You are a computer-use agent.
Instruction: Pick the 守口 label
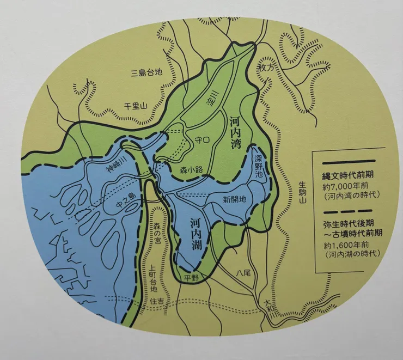(201, 141)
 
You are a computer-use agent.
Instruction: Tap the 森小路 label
(192, 169)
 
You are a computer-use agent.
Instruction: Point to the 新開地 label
(235, 199)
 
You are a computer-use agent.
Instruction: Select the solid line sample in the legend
(348, 161)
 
